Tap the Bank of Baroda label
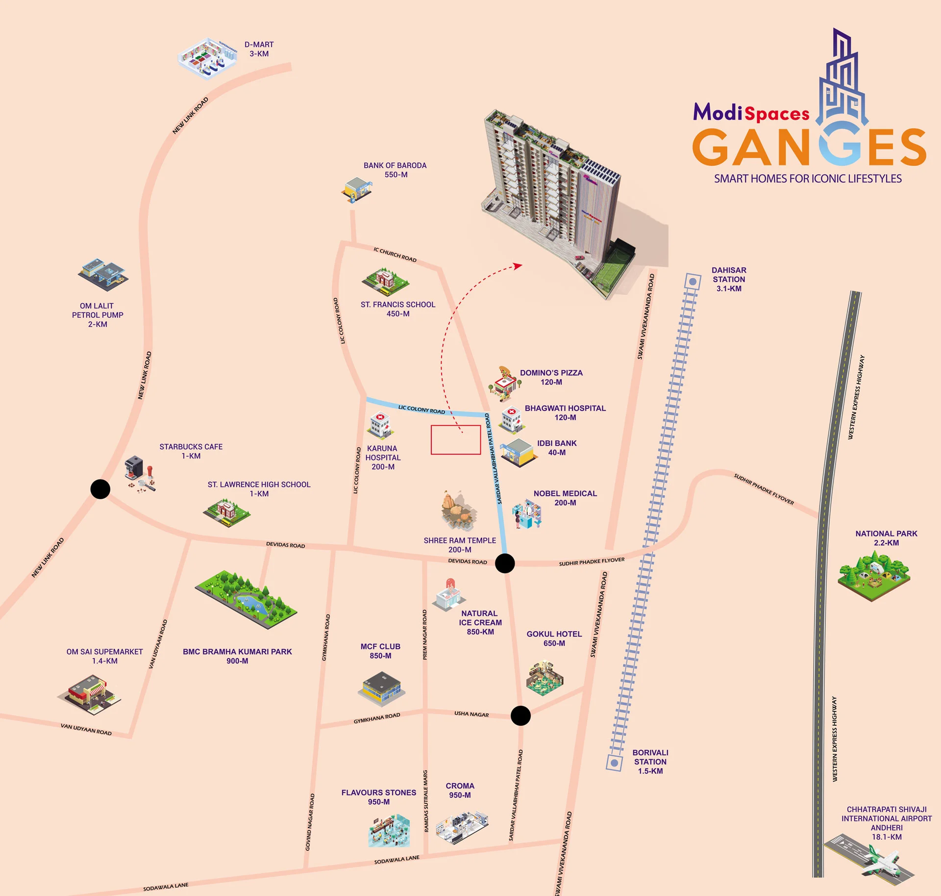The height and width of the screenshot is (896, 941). click(395, 170)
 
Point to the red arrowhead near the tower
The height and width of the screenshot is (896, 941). click(518, 266)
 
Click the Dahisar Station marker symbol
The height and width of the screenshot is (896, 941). click(693, 282)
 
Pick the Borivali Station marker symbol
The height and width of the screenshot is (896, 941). click(614, 763)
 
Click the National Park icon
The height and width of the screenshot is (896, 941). click(874, 575)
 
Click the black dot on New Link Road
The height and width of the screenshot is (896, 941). click(100, 489)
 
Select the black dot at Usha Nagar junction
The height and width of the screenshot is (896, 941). click(520, 716)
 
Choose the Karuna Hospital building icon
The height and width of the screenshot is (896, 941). click(381, 425)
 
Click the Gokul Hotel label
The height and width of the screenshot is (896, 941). click(554, 639)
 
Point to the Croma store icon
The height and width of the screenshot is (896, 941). click(462, 826)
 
